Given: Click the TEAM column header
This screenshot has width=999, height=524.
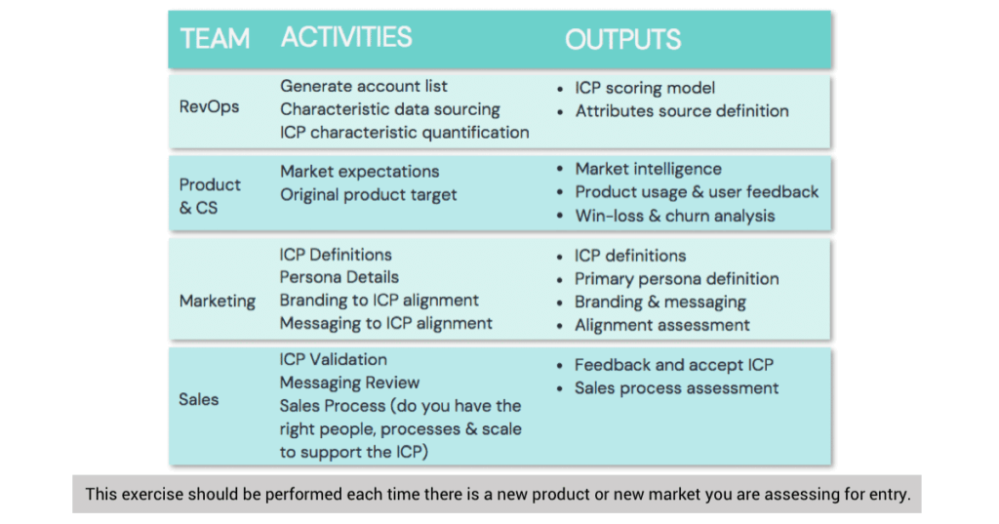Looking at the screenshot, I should point(215,38).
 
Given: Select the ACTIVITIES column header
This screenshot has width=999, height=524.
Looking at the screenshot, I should point(346,38).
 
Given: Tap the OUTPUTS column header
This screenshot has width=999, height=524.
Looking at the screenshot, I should point(622,39).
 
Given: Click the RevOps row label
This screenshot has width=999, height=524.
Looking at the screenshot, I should point(209,107).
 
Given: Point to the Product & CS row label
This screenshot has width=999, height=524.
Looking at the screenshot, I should point(209,195).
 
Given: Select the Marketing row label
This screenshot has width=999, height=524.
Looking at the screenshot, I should point(218,301).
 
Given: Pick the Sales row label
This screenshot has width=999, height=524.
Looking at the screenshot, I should point(199,399).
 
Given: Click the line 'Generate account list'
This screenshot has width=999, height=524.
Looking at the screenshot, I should point(364,86).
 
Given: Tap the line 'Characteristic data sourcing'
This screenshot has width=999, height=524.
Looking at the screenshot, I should point(390,109).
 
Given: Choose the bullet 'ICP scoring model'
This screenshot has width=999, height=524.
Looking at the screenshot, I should point(645,88).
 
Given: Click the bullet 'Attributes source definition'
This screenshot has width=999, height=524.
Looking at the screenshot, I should point(681,111).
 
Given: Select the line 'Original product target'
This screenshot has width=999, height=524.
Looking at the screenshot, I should point(369,195).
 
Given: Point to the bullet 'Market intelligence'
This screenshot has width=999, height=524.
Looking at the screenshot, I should point(648,170).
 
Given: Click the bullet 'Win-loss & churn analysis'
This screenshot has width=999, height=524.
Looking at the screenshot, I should point(674,216).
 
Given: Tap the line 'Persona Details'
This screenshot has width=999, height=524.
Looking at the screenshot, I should point(340,277).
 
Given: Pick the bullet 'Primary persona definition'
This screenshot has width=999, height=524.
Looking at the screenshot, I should point(676,279).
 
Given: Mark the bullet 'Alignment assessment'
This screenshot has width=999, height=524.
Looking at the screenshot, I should point(661,325).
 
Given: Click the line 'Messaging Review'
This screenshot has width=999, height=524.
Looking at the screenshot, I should point(349,383).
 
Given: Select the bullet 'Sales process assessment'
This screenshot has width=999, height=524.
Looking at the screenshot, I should point(676,388).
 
